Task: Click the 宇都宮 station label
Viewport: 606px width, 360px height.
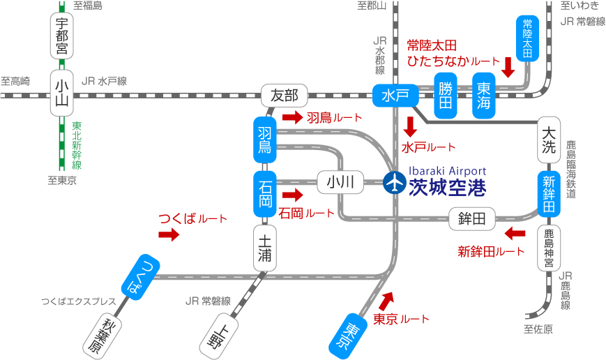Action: tap(62, 36)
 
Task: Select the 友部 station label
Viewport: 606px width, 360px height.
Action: tap(284, 96)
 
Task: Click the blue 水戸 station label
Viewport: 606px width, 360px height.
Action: tap(395, 95)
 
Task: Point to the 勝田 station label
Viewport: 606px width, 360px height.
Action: tap(446, 96)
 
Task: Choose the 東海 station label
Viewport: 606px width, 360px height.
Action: tap(484, 96)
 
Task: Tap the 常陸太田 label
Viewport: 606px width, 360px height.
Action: tap(527, 38)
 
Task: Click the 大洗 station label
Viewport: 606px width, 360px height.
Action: tap(550, 139)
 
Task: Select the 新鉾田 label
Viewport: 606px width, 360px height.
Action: tap(549, 194)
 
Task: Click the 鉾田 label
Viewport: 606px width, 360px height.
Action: tap(471, 219)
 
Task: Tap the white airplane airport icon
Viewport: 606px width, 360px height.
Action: tap(395, 183)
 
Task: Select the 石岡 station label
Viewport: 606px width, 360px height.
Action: tap(265, 195)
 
